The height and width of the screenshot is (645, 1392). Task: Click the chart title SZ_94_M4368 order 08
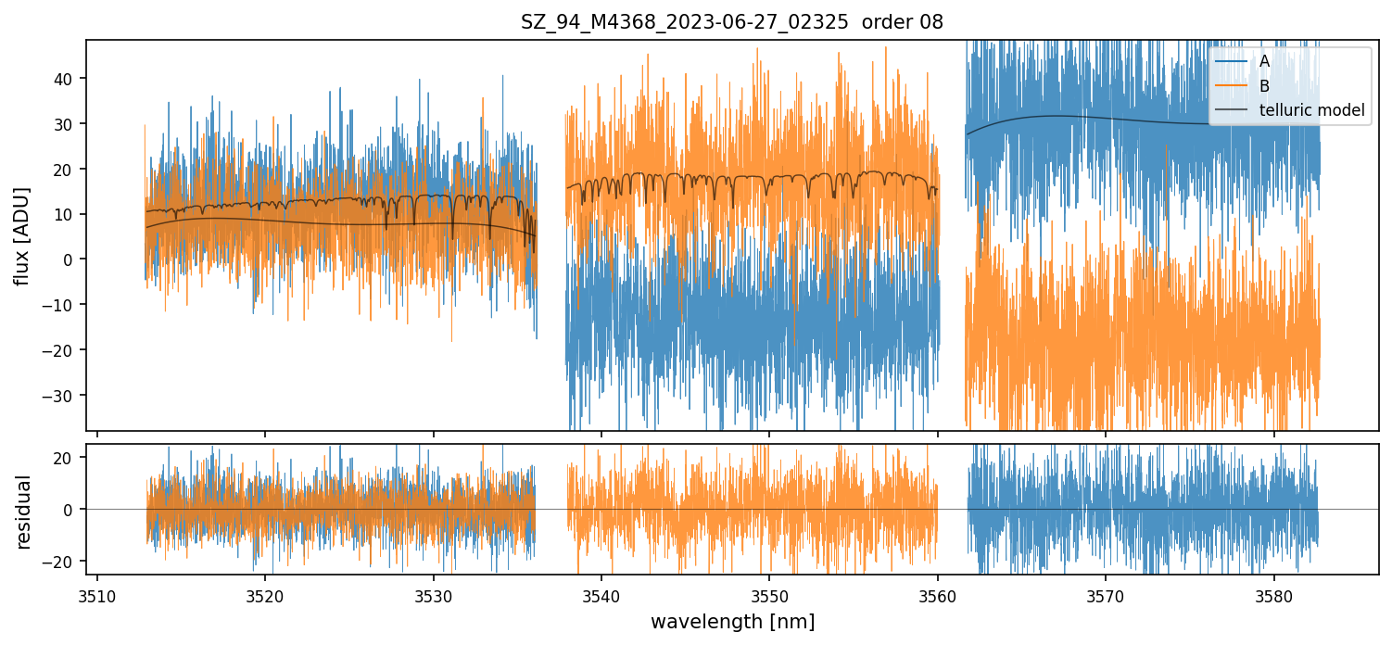731,22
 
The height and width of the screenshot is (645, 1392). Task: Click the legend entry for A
1265,61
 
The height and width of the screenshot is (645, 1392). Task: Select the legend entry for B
1265,86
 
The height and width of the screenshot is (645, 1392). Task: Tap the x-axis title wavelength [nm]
732,621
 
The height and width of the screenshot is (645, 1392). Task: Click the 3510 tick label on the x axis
97,596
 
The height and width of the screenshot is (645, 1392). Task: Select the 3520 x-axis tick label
265,596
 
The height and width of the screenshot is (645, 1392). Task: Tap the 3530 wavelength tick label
434,596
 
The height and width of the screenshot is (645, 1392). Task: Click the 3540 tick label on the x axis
601,596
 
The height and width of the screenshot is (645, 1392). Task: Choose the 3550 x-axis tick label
769,596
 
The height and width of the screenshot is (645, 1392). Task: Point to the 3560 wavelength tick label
937,596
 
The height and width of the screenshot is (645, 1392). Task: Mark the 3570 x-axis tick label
1106,596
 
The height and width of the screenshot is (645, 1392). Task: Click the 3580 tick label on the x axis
1273,596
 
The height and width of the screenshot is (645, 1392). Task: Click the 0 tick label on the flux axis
76,259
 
